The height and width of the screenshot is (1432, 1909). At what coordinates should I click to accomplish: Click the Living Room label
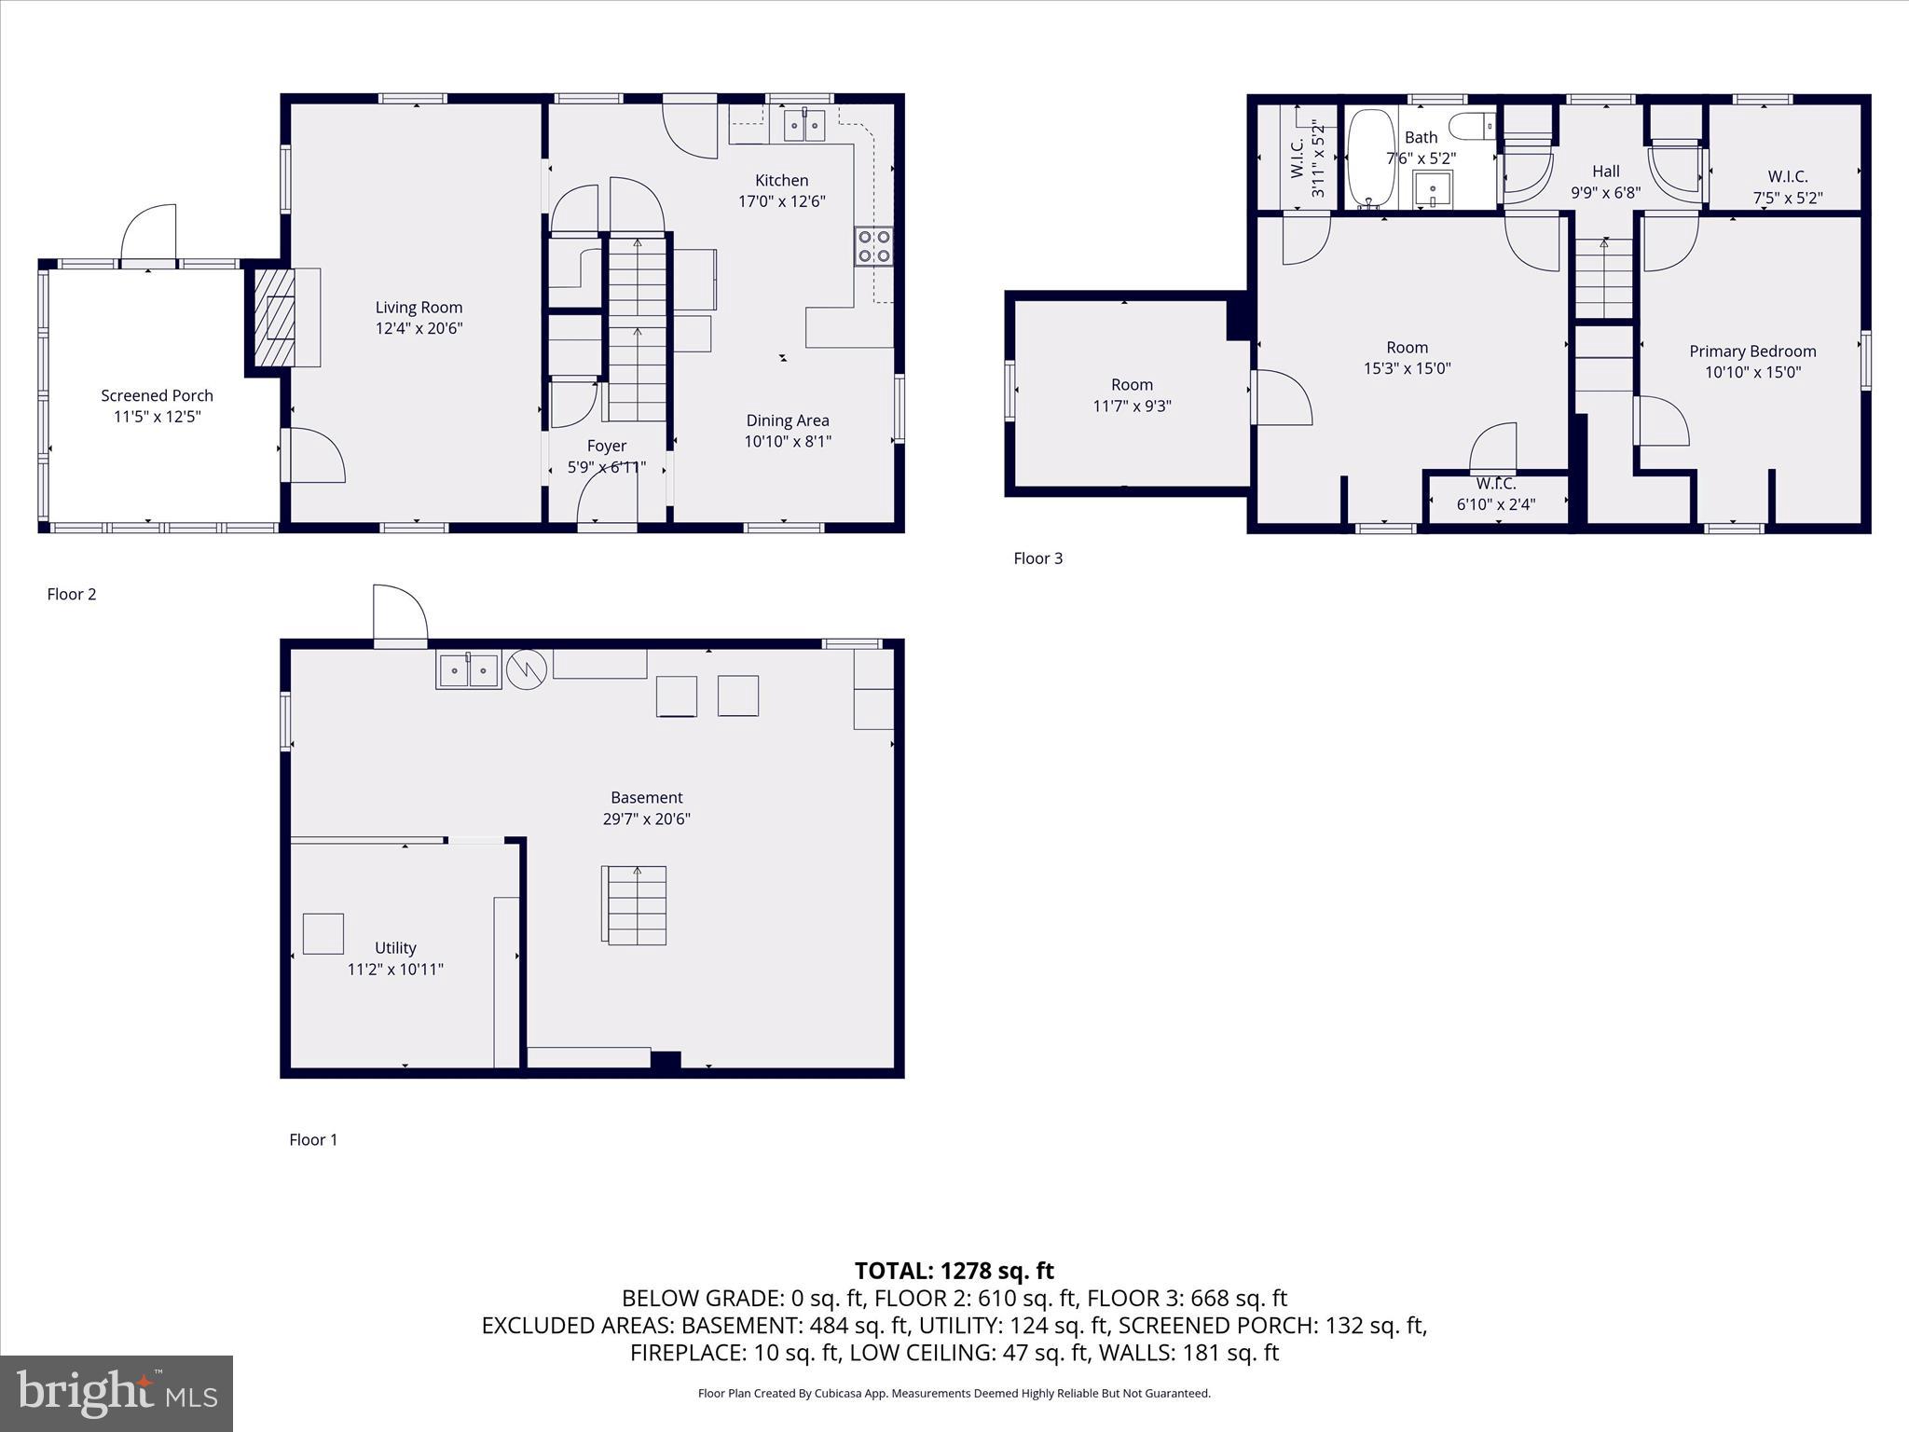coord(419,307)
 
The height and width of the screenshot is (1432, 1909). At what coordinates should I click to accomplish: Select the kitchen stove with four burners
coord(873,247)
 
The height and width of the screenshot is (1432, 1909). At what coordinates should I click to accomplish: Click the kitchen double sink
coord(804,124)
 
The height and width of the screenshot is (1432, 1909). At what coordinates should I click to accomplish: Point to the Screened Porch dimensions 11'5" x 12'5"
coord(157,417)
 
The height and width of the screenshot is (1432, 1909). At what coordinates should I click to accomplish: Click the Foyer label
coord(606,446)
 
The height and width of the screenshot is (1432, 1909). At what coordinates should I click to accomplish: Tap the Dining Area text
coord(787,420)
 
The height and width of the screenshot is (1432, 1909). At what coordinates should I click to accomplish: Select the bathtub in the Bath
coord(1370,159)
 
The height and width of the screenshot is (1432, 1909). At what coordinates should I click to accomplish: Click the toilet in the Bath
coord(1474,125)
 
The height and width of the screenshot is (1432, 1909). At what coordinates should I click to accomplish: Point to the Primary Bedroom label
coord(1752,351)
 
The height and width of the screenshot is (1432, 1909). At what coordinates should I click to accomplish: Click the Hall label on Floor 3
coord(1605,172)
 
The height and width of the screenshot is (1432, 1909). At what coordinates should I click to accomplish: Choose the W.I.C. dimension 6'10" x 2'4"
coord(1495,504)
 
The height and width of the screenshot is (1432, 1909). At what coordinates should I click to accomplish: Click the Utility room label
coord(395,947)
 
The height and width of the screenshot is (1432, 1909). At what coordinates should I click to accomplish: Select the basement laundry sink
coord(468,669)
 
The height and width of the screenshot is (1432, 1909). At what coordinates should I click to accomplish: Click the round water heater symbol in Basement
coord(526,668)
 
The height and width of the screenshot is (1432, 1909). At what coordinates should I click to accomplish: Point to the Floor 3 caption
coord(1037,558)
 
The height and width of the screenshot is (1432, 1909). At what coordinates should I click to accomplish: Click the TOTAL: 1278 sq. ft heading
coord(954,1271)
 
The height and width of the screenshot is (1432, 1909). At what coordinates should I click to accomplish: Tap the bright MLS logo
coord(117,1393)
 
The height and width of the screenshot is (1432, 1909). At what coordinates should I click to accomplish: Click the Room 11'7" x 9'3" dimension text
coord(1132,406)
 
